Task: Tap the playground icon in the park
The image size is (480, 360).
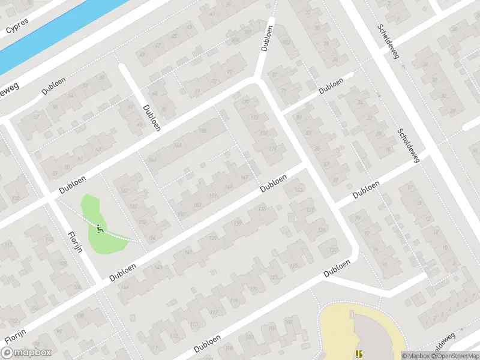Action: tap(100, 227)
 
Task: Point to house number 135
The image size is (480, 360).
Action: tap(262, 209)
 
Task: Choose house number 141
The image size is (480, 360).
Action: tap(190, 252)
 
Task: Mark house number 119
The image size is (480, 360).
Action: tap(234, 300)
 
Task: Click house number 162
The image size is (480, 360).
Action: tap(125, 191)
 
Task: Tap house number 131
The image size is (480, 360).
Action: tap(310, 209)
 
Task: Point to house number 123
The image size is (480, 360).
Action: tap(274, 277)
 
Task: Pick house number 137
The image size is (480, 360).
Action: tap(238, 224)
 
